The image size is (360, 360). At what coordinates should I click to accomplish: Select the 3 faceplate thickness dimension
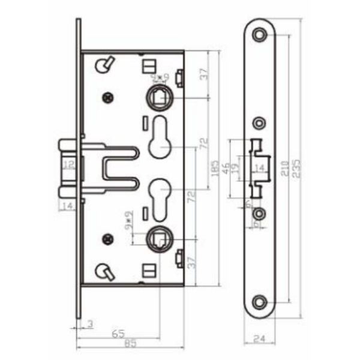(90, 325)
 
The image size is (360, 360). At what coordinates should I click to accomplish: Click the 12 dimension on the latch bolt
(68, 164)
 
